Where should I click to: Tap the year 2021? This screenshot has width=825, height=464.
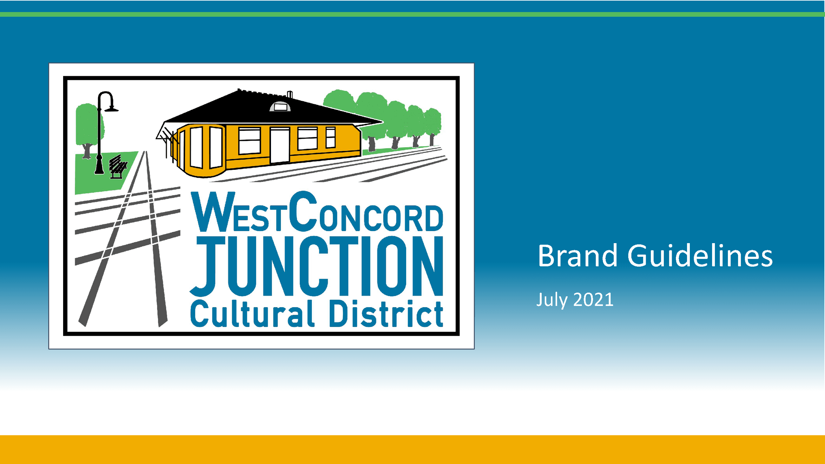593,300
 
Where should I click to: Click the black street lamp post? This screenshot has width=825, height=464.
99,138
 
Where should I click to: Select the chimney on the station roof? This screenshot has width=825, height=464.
290,94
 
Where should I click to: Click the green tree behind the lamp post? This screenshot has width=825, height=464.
85,125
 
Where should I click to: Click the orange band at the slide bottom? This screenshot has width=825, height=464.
412,450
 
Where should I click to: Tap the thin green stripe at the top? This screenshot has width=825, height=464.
412,14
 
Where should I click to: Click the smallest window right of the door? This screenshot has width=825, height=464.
331,137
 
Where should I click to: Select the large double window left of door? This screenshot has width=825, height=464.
249,141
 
